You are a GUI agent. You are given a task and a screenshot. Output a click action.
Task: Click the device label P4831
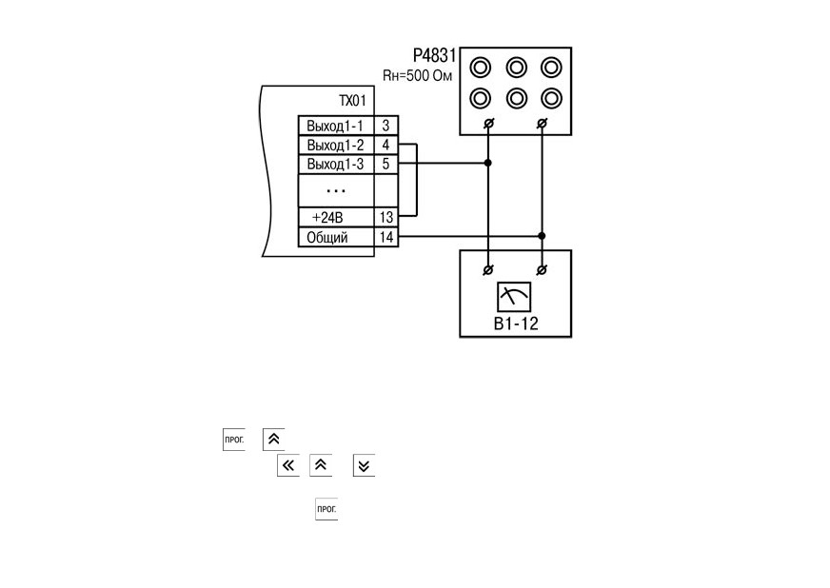pos(434,55)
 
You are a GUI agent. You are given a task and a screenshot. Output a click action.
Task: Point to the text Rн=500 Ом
pos(418,76)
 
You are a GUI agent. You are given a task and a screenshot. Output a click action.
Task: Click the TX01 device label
pos(352,101)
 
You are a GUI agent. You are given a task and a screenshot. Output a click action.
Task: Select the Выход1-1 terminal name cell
pos(336,126)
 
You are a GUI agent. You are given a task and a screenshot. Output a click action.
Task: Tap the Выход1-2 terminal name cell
pos(336,145)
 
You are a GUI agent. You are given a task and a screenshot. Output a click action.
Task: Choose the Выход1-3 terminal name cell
pos(336,164)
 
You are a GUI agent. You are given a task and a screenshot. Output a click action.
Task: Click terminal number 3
pos(385,126)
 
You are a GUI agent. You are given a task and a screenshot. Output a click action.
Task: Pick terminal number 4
pos(385,145)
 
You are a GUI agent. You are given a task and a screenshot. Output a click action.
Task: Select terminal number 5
pos(385,164)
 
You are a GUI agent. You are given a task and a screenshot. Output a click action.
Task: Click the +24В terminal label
pos(327,218)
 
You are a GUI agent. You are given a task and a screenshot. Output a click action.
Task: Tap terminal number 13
pos(386,218)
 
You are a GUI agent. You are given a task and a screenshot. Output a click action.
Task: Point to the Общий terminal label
pos(327,237)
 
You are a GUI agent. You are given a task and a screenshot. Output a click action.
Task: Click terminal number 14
pos(386,237)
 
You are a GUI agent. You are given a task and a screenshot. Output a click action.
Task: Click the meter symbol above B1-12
pos(514,297)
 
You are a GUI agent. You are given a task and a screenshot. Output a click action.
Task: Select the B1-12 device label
pos(516,323)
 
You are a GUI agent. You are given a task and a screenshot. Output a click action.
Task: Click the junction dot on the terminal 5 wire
pos(488,163)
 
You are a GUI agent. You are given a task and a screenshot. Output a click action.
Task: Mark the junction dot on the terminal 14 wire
pos(542,236)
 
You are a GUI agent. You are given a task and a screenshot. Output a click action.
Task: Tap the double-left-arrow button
pos(288,465)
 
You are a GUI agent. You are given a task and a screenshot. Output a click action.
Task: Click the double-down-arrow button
pos(365,465)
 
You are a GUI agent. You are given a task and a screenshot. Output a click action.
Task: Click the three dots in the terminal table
pos(336,190)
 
